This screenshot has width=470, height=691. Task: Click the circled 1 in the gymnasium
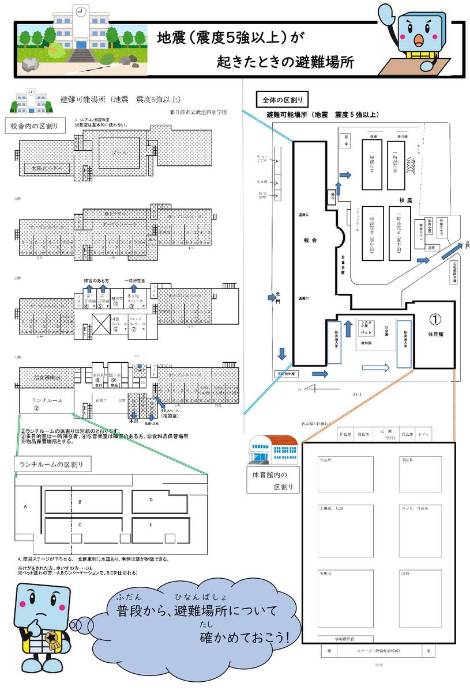tap(436, 318)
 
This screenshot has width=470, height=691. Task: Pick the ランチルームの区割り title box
tap(47, 465)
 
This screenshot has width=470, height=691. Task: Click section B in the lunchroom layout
tap(80, 502)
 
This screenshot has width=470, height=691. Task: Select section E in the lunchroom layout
tap(151, 525)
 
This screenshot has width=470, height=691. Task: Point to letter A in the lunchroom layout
tap(25, 507)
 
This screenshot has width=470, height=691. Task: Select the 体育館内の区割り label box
tap(272, 481)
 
